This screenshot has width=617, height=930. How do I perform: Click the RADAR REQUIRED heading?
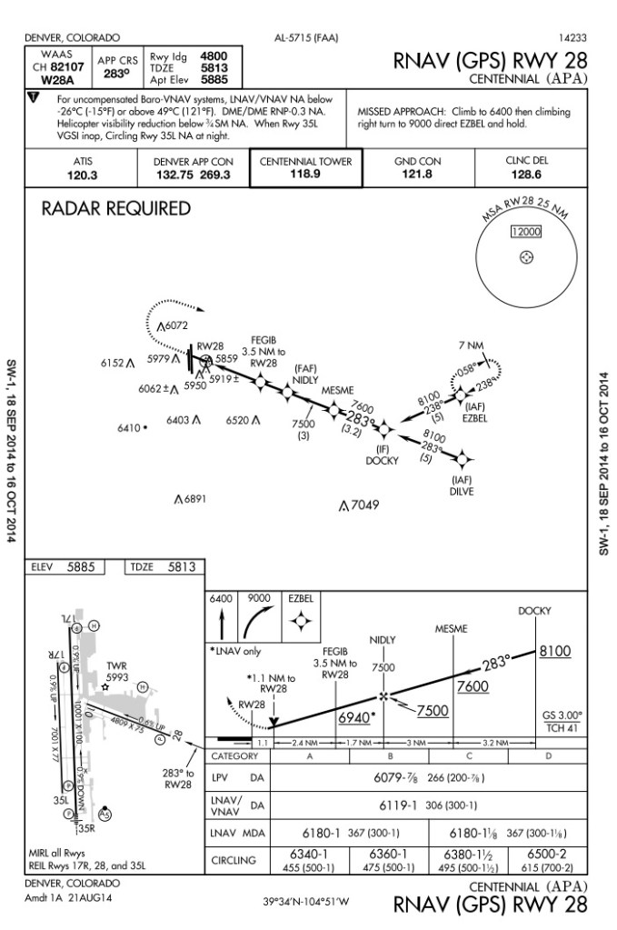point(116,209)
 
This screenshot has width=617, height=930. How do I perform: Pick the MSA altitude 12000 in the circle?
point(525,233)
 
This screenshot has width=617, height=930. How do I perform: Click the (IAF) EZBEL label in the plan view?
point(474,412)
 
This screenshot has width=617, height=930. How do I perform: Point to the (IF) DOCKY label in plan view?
point(382,455)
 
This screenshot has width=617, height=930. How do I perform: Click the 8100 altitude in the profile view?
point(555,652)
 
